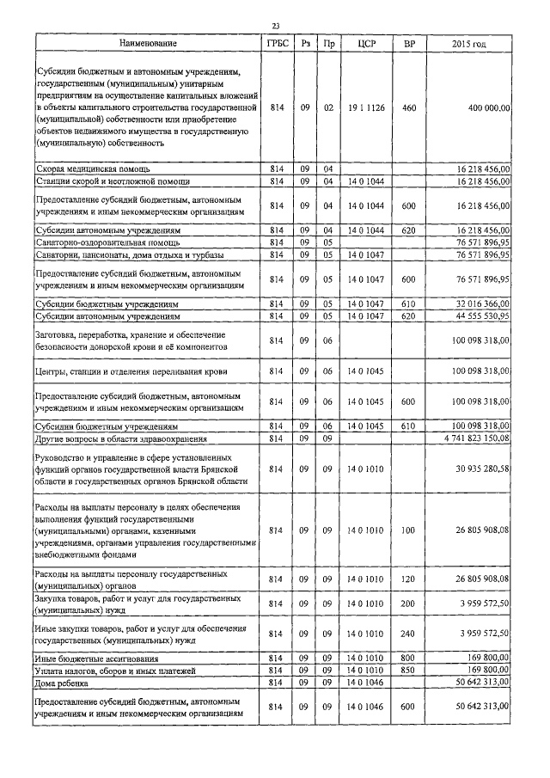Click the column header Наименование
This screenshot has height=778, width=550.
147,42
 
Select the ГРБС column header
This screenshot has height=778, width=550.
276,42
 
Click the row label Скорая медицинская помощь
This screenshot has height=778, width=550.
90,169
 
